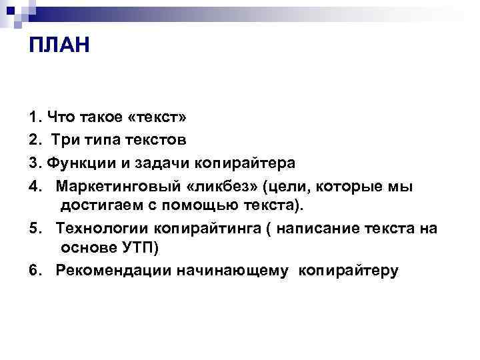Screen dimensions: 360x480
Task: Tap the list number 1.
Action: (34, 118)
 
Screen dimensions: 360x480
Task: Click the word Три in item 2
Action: (69, 140)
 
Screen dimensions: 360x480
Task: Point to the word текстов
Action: (154, 140)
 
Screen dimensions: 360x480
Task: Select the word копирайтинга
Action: (207, 229)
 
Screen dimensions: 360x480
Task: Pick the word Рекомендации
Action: (111, 271)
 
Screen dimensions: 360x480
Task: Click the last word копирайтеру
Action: (349, 271)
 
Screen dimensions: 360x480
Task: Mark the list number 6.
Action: (34, 271)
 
